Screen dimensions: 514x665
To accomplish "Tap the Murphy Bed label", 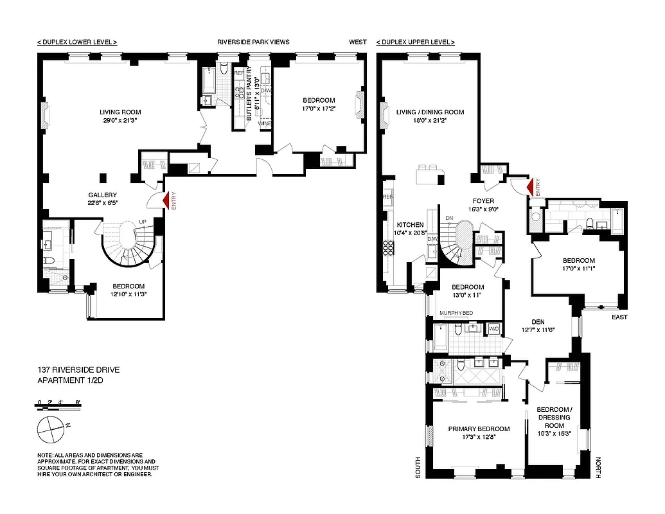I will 456,313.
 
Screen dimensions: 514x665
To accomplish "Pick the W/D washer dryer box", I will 493,328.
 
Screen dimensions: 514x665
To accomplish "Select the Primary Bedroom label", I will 479,429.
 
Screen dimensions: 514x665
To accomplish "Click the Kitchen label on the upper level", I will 410,225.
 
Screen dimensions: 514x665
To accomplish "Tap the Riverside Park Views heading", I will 253,42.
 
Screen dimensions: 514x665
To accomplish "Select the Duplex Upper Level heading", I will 415,42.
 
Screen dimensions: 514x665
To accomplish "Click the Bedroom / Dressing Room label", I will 554,417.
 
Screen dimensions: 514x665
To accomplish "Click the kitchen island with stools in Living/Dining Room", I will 429,173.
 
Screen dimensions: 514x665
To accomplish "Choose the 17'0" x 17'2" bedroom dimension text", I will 319,109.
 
